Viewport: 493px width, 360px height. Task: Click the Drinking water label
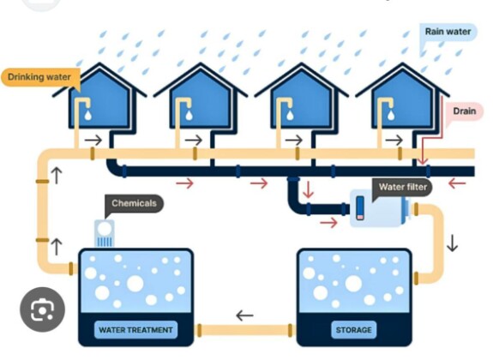[x=40, y=77]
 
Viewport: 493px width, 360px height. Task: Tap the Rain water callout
[x=448, y=32]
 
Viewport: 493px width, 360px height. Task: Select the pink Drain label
[x=464, y=111]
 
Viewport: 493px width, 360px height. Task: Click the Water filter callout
[x=402, y=187]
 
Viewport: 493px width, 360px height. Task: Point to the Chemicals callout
[x=134, y=203]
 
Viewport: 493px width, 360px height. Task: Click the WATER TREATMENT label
[x=135, y=330]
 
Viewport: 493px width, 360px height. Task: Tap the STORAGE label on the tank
[x=353, y=330]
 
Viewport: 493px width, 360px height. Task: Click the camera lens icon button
[x=43, y=309]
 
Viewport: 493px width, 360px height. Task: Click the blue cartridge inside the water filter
[x=360, y=207]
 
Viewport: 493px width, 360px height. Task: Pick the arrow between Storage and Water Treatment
[x=244, y=315]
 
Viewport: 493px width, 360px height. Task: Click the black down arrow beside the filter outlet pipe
[x=452, y=243]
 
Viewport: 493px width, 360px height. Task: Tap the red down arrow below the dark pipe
[x=308, y=189]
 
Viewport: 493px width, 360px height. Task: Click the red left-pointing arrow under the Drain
[x=457, y=183]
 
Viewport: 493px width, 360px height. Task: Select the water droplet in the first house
[x=88, y=115]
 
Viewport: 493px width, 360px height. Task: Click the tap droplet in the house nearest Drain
[x=391, y=115]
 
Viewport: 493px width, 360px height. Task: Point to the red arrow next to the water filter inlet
[x=329, y=223]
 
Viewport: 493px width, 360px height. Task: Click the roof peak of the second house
[x=201, y=63]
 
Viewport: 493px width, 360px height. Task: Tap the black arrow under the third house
[x=294, y=141]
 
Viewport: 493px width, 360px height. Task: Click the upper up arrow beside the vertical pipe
[x=57, y=176]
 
